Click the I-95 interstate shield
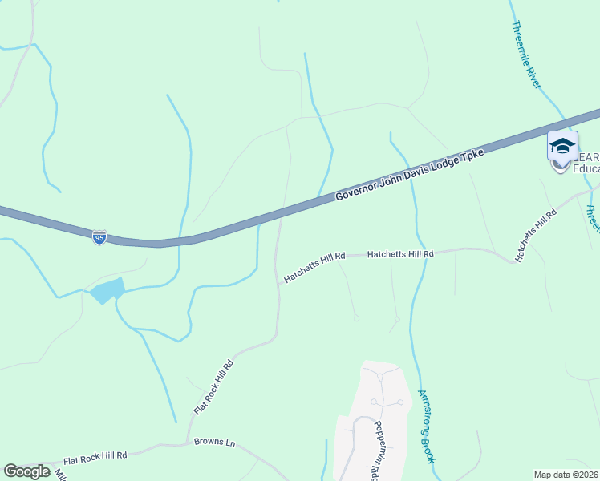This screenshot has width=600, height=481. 99,237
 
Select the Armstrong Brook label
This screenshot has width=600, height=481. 427,426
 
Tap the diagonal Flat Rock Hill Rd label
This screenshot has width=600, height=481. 213,386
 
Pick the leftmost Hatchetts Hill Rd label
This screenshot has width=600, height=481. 314,267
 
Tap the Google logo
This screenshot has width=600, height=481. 26,471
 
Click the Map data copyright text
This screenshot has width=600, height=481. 566,475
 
